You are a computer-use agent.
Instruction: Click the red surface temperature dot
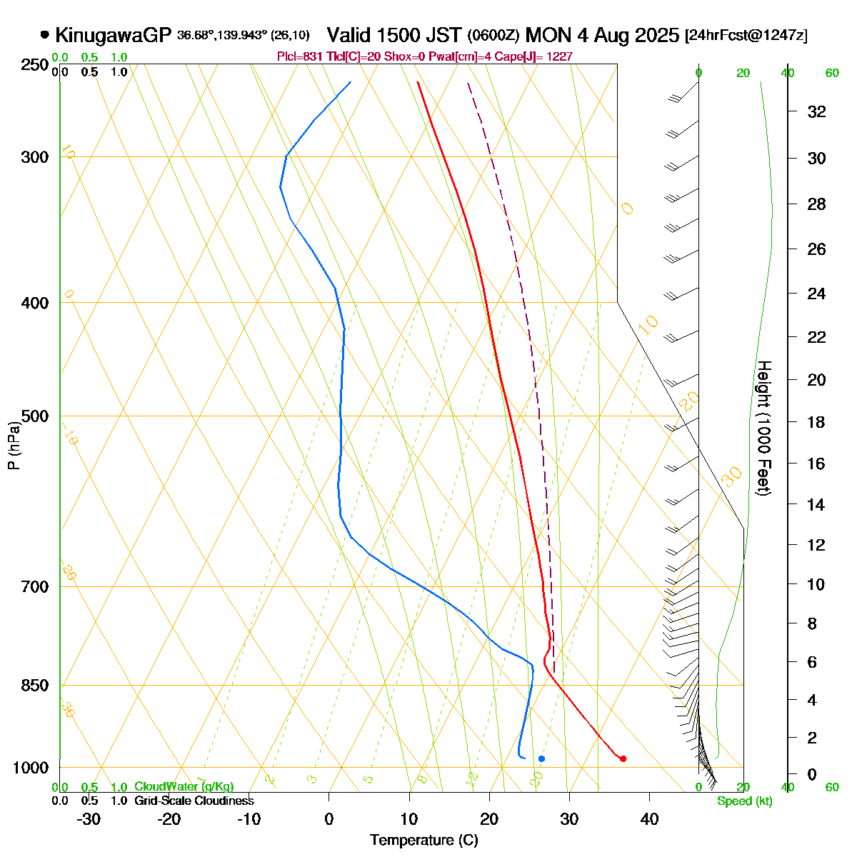(x=623, y=758)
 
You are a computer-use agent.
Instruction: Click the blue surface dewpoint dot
(x=541, y=758)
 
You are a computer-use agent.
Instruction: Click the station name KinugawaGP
(x=113, y=35)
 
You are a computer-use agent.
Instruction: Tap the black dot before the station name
(x=45, y=34)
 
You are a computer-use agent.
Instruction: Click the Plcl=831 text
(x=296, y=56)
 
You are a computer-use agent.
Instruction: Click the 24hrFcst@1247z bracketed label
(x=746, y=36)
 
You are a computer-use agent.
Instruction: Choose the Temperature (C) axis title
(x=424, y=840)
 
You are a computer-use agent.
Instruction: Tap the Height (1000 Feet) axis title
(x=763, y=428)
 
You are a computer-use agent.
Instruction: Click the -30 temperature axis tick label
(x=88, y=819)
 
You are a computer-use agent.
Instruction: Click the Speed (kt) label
(x=745, y=801)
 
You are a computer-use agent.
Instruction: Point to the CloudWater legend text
(x=184, y=786)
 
